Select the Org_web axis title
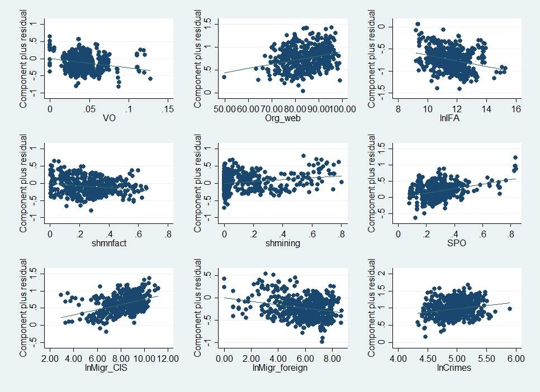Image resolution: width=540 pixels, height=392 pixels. point(283,118)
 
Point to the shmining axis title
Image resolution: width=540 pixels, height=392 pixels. point(283,242)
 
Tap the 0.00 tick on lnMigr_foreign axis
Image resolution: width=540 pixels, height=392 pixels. point(225,357)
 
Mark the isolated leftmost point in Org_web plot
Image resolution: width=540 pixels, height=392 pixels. point(225,77)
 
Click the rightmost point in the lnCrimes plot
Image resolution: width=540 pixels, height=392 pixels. point(509,308)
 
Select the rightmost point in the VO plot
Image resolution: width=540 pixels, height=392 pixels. point(150,79)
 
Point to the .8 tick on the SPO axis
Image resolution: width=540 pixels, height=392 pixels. point(483,233)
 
